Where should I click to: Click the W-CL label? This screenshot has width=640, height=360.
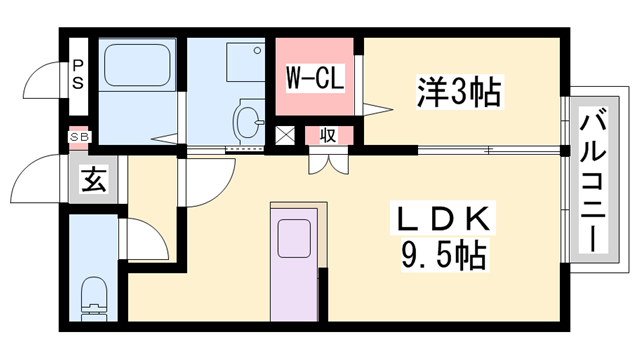316,76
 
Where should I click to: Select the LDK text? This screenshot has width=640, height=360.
448,217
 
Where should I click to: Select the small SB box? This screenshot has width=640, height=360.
77,137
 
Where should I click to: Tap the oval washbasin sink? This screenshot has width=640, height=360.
247,123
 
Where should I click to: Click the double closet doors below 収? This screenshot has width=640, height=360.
328,160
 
